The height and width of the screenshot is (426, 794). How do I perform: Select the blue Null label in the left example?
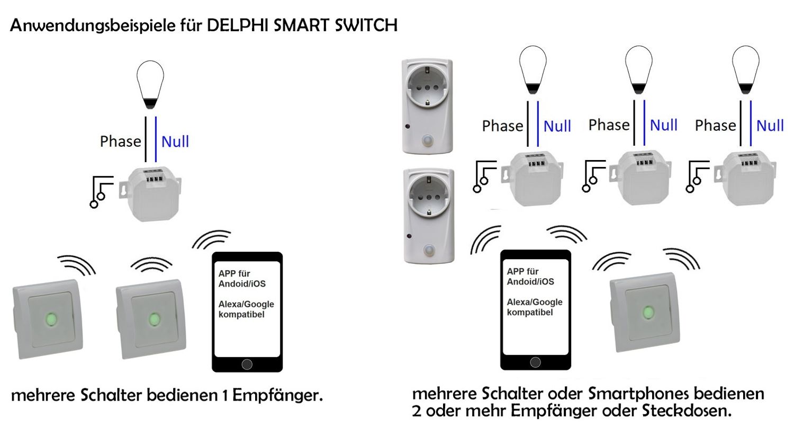(175, 141)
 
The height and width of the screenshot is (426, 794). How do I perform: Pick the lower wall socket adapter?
(428, 215)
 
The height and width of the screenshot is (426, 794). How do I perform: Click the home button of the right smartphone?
(536, 362)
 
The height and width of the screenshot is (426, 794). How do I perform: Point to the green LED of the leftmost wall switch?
(51, 319)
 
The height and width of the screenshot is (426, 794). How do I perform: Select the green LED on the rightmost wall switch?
(647, 312)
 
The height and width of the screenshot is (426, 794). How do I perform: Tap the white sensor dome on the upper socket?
(428, 143)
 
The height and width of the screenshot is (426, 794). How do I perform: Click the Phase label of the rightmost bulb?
(715, 126)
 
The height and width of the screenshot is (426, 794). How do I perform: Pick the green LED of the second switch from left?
(154, 319)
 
